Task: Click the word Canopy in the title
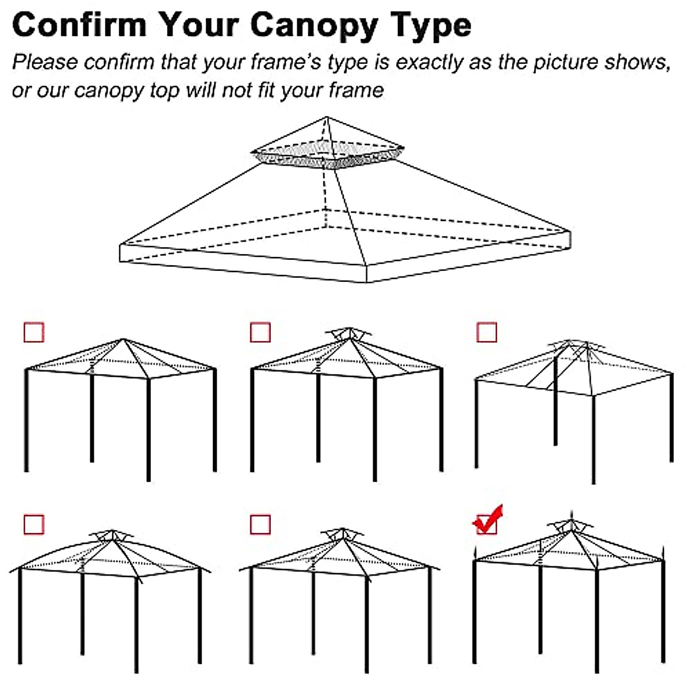tap(313, 26)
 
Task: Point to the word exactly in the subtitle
tap(428, 62)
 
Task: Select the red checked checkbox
tap(487, 523)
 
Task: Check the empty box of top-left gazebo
tap(34, 332)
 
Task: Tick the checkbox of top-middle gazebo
tap(260, 332)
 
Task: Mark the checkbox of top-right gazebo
tap(487, 332)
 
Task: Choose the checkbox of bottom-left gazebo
tap(34, 524)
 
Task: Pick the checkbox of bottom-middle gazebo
tap(260, 524)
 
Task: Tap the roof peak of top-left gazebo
tap(123, 340)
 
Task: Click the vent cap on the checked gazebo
tap(570, 525)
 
